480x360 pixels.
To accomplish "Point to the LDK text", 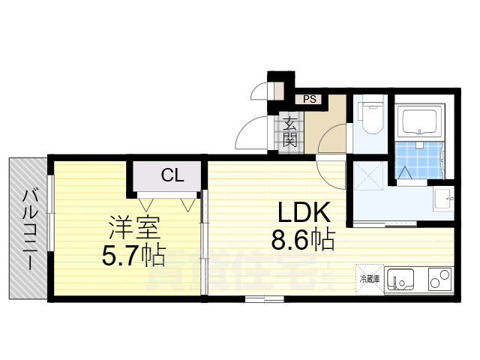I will [x=304, y=212].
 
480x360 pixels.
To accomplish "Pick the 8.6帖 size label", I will [x=303, y=240].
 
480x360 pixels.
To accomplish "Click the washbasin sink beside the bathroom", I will [x=443, y=199].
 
